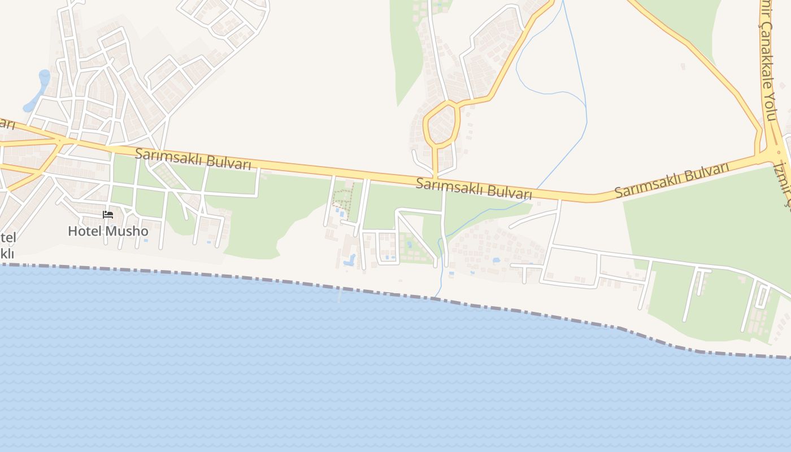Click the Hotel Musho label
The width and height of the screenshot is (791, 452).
(x=108, y=231)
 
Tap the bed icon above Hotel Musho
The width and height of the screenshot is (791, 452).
(x=108, y=215)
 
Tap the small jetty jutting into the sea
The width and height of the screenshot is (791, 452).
(x=340, y=294)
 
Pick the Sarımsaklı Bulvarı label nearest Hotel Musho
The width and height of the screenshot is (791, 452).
(x=193, y=159)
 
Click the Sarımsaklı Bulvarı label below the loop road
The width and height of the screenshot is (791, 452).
(x=473, y=188)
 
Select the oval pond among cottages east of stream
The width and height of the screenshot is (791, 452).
(x=496, y=260)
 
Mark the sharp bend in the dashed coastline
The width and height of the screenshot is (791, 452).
(x=621, y=327)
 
